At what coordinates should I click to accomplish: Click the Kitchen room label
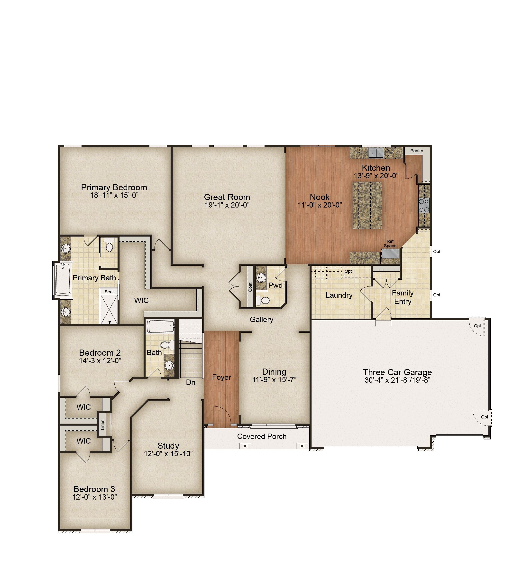(376, 168)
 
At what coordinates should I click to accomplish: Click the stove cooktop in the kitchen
(424, 205)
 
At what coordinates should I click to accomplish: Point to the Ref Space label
(390, 244)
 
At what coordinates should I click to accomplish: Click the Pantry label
(416, 151)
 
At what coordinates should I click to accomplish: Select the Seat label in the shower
(109, 292)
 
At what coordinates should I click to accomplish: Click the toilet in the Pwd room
(263, 300)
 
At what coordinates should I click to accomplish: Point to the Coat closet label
(250, 287)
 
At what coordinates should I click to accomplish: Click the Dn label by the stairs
(191, 382)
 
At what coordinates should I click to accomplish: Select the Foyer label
(221, 377)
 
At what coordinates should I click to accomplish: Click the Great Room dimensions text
(227, 205)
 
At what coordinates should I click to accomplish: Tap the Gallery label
(261, 319)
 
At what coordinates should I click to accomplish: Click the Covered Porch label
(262, 436)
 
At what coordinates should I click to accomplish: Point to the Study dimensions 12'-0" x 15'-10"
(168, 454)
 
